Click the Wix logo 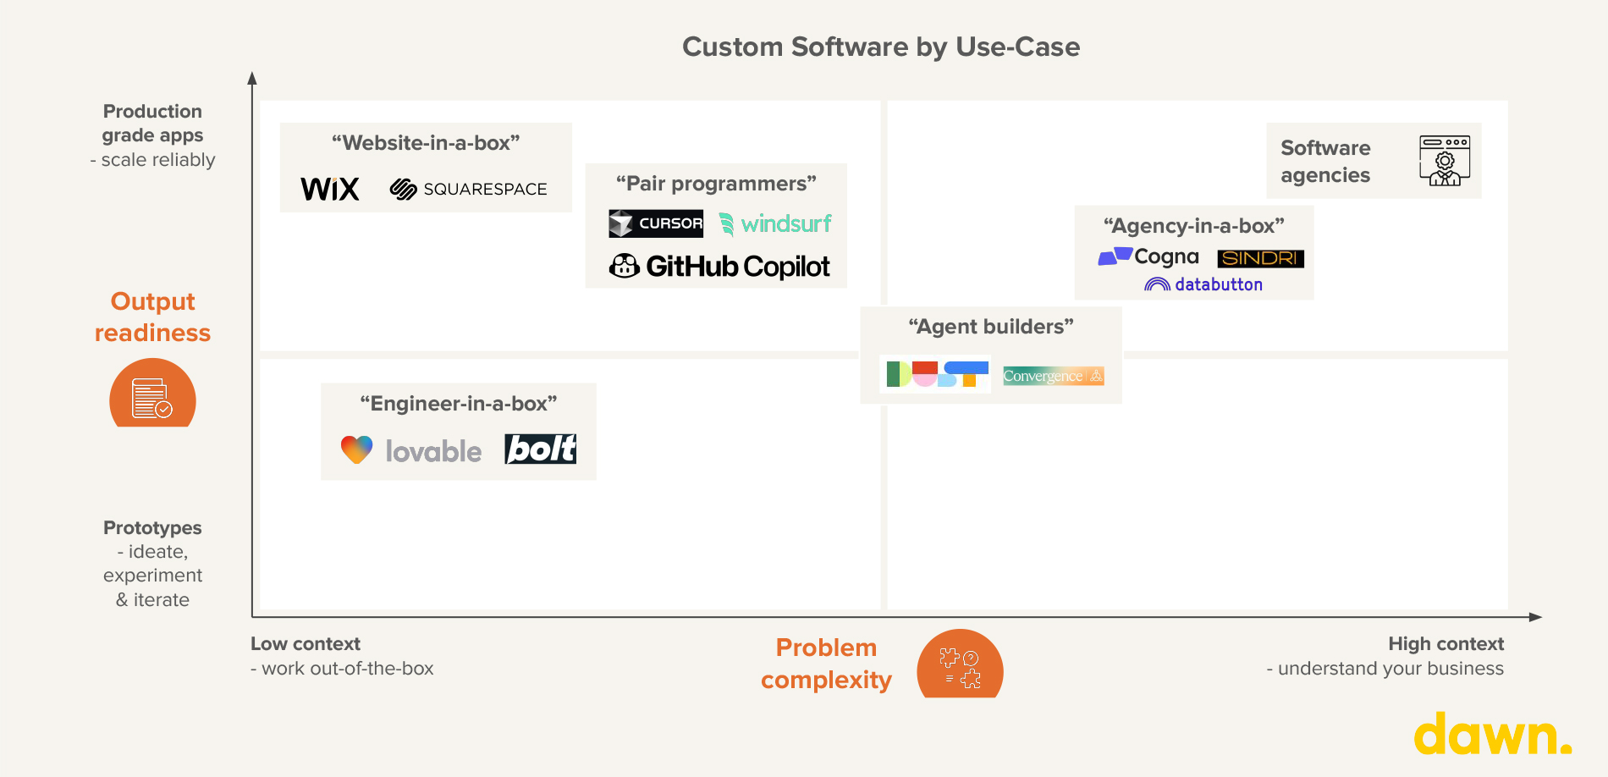(x=330, y=189)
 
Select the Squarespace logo (x=468, y=189)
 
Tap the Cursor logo (x=656, y=223)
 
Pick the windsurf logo (x=775, y=223)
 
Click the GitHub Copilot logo (x=719, y=267)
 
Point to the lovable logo (x=411, y=450)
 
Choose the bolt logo (x=541, y=449)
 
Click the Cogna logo (x=1148, y=256)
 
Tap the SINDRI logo (x=1260, y=258)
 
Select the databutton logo (x=1203, y=284)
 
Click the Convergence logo (x=1053, y=376)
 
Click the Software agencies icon (x=1445, y=160)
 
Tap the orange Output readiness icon (x=152, y=394)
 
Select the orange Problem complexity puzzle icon (x=960, y=666)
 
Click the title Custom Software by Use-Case (x=881, y=47)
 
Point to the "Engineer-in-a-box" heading (x=459, y=404)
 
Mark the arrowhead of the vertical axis (x=252, y=78)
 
